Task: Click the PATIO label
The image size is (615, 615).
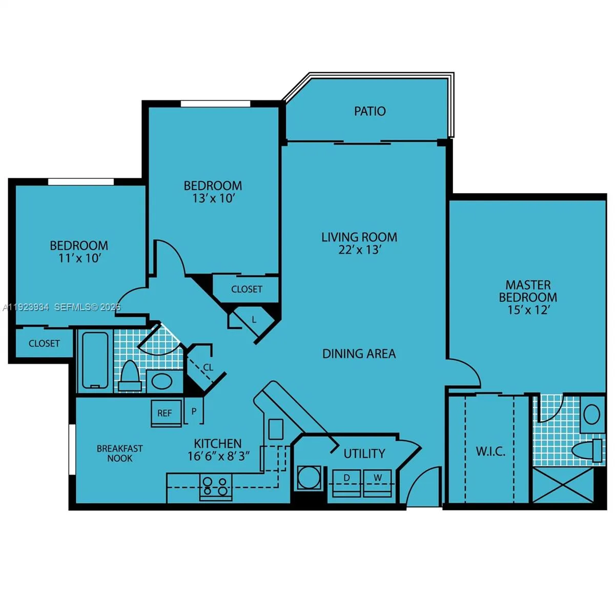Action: click(x=370, y=111)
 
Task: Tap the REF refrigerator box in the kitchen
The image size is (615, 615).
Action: click(x=166, y=413)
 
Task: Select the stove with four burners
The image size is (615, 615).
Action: click(x=215, y=487)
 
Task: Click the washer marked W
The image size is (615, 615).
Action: click(x=378, y=483)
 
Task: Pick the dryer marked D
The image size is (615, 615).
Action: click(x=347, y=483)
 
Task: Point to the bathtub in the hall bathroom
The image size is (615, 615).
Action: click(x=95, y=360)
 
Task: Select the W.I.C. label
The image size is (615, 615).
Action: click(x=490, y=452)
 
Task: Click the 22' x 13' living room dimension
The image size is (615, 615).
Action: click(x=359, y=250)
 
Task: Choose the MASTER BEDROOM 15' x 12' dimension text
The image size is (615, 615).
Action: click(x=528, y=310)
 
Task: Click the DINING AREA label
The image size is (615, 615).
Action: click(x=359, y=354)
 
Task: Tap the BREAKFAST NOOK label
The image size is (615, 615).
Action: click(x=120, y=454)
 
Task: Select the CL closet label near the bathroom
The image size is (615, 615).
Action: click(x=208, y=367)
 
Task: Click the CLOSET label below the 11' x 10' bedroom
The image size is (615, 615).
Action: click(x=44, y=343)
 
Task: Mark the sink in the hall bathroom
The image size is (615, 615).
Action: click(x=162, y=381)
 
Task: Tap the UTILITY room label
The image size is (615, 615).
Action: click(x=364, y=454)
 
